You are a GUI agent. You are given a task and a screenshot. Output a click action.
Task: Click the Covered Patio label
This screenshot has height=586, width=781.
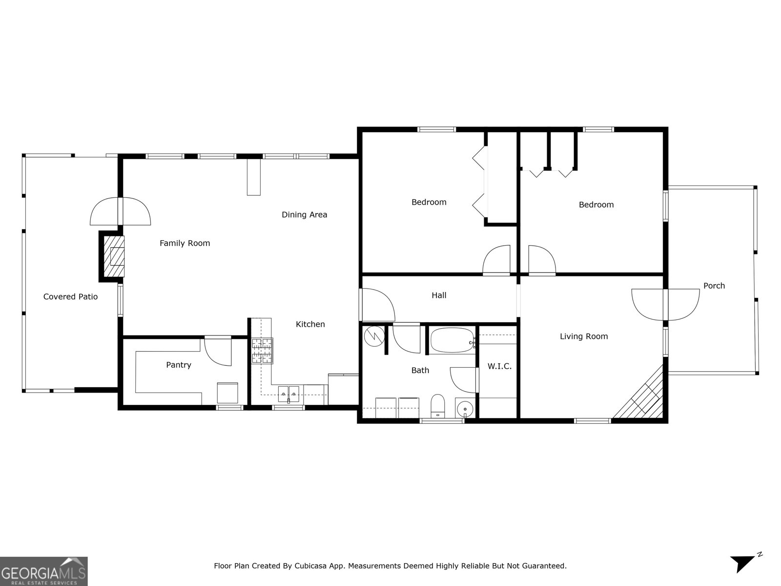click(70, 296)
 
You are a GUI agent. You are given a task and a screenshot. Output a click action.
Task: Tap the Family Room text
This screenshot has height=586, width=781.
click(185, 243)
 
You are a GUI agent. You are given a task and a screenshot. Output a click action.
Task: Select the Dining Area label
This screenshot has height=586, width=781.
click(304, 214)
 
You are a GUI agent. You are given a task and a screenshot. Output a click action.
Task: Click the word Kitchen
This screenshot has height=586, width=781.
click(310, 324)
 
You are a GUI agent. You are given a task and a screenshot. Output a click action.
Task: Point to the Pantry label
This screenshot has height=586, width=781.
click(178, 365)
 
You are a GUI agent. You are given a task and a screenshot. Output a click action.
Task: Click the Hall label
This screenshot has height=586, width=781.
click(438, 295)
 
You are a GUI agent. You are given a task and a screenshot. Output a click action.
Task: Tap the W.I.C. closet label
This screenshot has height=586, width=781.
click(499, 366)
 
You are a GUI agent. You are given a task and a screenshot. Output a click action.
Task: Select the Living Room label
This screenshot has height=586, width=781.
click(583, 336)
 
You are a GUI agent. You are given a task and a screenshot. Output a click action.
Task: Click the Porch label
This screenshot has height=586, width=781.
click(714, 286)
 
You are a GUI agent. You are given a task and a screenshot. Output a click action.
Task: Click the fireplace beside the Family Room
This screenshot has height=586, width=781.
click(113, 256)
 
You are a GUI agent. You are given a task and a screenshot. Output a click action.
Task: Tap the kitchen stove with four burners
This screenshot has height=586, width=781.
click(262, 351)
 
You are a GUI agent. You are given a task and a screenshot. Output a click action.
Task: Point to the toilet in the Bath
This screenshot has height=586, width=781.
click(438, 406)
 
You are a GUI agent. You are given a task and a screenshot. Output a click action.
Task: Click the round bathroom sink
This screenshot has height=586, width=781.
click(465, 408)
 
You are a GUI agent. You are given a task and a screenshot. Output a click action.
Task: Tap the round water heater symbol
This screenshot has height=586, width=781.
click(374, 336)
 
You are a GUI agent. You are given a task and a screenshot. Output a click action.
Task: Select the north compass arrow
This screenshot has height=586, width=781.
click(743, 576)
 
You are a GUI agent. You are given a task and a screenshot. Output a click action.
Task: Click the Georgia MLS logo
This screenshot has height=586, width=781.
click(43, 571)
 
